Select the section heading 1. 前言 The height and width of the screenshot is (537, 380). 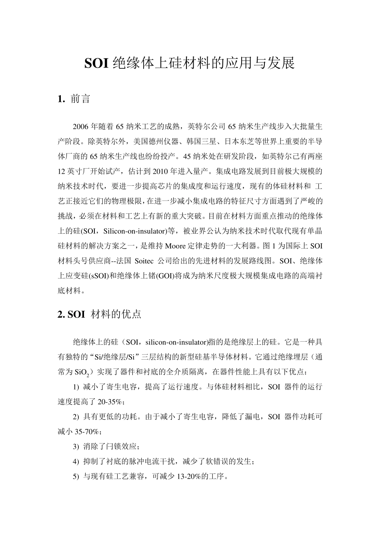coord(74,99)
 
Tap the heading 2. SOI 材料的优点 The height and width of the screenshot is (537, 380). coord(100,314)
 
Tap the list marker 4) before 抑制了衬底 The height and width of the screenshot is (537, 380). coord(76,461)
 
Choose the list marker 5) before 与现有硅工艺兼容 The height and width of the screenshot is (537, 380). coord(76,476)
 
